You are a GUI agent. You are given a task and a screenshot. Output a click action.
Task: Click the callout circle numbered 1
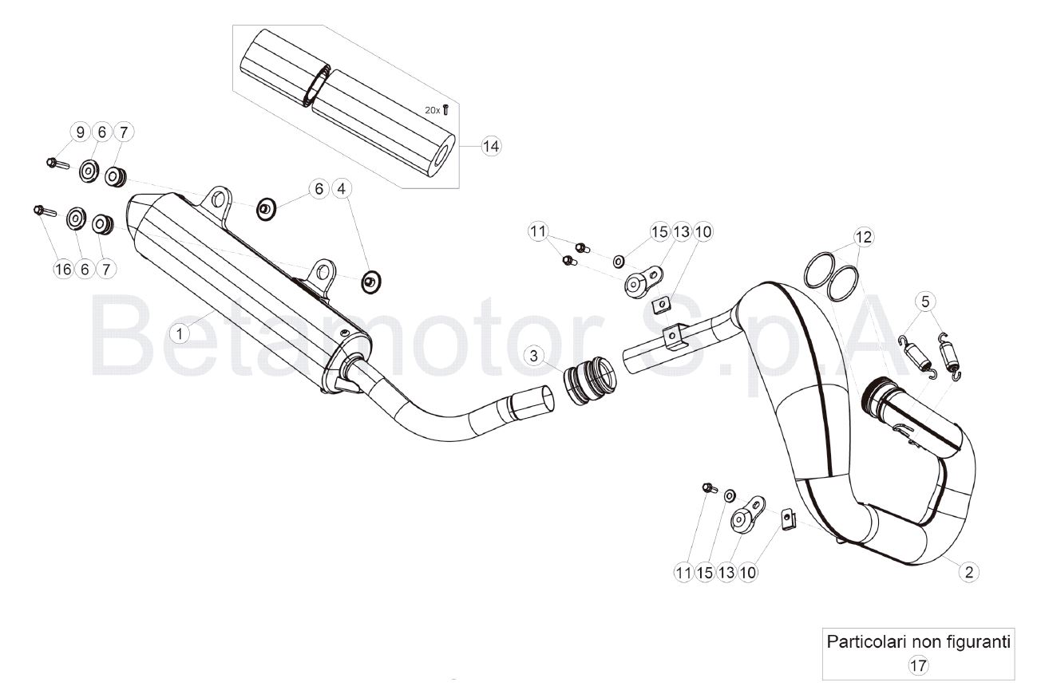(x=180, y=333)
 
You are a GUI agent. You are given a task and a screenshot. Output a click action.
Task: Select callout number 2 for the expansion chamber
(x=969, y=572)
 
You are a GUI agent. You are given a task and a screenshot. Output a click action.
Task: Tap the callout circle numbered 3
(x=533, y=356)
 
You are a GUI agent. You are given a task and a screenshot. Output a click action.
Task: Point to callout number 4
(x=342, y=189)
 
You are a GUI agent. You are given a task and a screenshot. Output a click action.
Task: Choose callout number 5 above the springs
(x=925, y=302)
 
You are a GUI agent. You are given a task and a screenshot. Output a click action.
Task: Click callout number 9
(x=81, y=132)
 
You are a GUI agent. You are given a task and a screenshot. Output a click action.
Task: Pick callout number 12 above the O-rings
(x=864, y=237)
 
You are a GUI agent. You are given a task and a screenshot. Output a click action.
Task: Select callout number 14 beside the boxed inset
(x=491, y=146)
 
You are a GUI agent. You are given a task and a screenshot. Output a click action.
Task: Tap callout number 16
(x=63, y=270)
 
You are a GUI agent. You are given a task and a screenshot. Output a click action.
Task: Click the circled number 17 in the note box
(x=918, y=666)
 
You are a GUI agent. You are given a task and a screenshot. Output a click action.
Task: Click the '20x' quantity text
(x=432, y=110)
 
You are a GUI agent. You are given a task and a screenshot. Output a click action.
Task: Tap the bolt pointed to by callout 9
(x=57, y=164)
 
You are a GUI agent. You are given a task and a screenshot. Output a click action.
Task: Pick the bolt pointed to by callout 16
(x=45, y=211)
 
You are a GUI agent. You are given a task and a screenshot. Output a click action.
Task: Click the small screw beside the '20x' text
(x=445, y=109)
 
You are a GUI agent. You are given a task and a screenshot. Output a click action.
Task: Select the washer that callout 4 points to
(x=371, y=282)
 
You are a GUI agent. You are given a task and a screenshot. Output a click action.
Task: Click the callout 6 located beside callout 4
(x=319, y=189)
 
